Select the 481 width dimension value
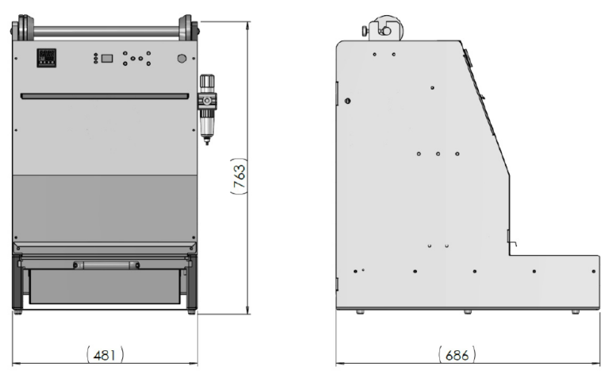pyautogui.click(x=105, y=355)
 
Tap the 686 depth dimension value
pyautogui.click(x=458, y=355)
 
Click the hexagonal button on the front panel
pyautogui.click(x=182, y=58)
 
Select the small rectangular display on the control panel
pyautogui.click(x=106, y=58)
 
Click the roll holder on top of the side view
pyautogui.click(x=387, y=28)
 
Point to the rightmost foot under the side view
pyautogui.click(x=575, y=311)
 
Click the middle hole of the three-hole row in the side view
pyautogui.click(x=438, y=153)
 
